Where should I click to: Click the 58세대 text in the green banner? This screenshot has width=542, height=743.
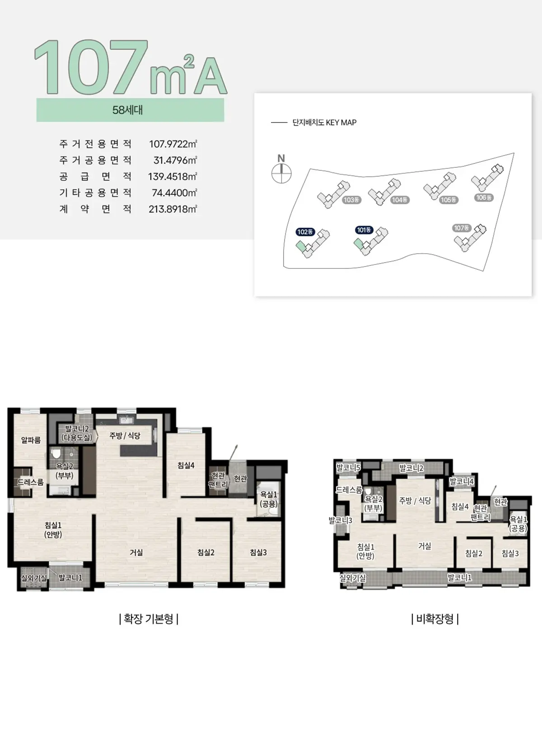click(x=128, y=110)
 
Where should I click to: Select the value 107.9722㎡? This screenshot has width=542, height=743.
click(x=173, y=144)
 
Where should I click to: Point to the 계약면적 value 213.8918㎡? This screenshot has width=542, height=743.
click(x=173, y=209)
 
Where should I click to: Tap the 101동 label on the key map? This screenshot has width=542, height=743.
click(x=364, y=230)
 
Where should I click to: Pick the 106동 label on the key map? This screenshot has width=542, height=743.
click(x=484, y=198)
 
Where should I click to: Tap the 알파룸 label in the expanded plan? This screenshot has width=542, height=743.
click(x=31, y=440)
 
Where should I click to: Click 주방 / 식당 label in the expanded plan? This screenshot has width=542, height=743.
click(x=125, y=436)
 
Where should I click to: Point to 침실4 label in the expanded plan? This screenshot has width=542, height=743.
click(x=186, y=466)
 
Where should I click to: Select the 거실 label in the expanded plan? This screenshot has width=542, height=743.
click(x=136, y=552)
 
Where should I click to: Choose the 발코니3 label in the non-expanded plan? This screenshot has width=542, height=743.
click(x=341, y=521)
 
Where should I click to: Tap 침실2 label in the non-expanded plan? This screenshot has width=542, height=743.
click(x=474, y=553)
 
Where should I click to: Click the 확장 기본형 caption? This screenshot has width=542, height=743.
click(x=149, y=619)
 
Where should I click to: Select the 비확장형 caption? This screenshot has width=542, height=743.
click(x=435, y=619)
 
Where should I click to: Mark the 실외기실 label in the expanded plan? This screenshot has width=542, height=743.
click(x=34, y=578)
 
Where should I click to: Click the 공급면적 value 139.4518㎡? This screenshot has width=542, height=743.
click(x=173, y=176)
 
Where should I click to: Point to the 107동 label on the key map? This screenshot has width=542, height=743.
click(x=462, y=228)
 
